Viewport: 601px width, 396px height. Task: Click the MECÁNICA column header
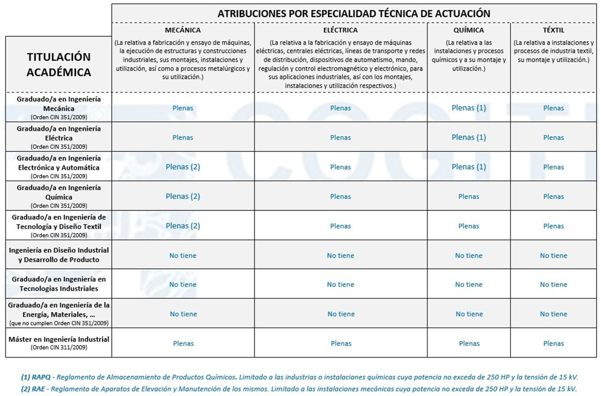click(183, 30)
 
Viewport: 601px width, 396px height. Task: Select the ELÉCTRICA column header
click(340, 30)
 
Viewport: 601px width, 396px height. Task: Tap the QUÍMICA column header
click(468, 30)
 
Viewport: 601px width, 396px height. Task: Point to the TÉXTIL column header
click(553, 30)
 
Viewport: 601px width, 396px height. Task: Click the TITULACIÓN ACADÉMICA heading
click(58, 64)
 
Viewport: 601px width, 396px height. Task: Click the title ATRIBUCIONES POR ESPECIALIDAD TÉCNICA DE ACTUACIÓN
click(354, 13)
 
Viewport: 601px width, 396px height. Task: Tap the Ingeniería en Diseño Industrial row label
click(59, 255)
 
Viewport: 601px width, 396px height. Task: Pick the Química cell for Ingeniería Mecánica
click(469, 108)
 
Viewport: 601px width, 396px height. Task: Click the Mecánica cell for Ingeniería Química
click(183, 197)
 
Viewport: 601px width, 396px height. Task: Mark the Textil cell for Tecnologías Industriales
click(553, 285)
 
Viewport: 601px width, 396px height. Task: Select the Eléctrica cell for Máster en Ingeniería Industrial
click(340, 344)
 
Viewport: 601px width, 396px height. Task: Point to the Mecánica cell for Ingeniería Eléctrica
click(183, 138)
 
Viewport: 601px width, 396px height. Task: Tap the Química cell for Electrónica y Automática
click(469, 167)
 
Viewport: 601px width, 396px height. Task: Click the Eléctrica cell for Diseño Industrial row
click(340, 256)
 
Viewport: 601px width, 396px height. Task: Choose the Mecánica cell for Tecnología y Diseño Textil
click(183, 226)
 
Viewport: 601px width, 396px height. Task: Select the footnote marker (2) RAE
click(34, 388)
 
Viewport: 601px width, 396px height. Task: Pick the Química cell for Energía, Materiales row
click(469, 314)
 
